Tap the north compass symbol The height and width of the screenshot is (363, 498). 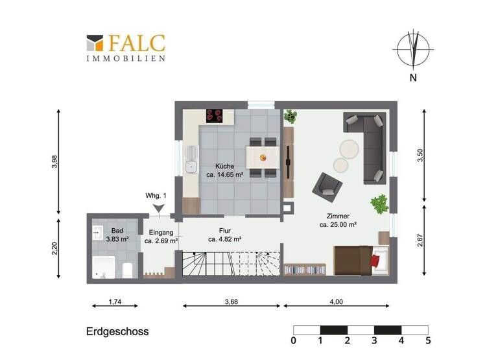413,50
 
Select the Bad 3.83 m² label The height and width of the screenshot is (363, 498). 117,235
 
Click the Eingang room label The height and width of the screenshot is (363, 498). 159,237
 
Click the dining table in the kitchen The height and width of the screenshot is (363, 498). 263,156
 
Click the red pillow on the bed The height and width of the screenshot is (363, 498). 375,261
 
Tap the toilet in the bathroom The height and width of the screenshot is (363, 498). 128,270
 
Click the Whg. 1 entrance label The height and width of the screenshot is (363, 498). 157,196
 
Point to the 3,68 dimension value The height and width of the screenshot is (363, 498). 232,301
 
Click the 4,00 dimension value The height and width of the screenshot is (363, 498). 337,301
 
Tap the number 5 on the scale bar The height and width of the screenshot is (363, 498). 428,340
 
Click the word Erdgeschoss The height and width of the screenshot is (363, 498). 117,331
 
